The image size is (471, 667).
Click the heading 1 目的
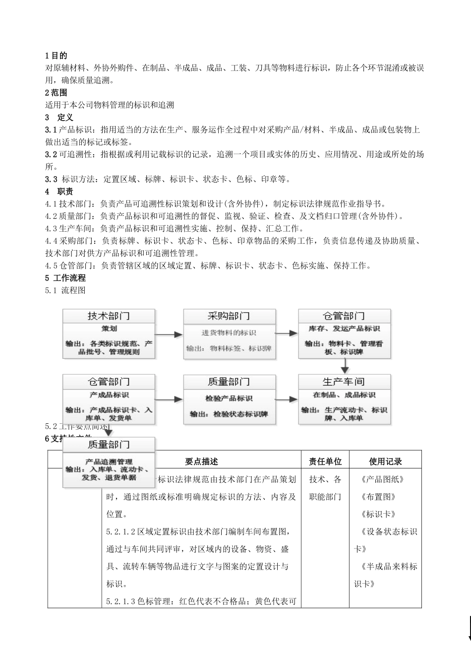[x=56, y=56]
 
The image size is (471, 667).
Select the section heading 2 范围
[x=56, y=93]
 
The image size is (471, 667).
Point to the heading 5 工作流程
[x=65, y=278]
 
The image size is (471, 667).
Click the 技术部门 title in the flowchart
[x=109, y=316]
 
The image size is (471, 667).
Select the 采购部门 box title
[x=229, y=316]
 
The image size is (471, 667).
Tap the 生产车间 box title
[x=344, y=382]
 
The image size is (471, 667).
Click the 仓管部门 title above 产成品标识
[x=109, y=382]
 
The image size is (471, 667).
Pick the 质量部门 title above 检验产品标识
[x=229, y=382]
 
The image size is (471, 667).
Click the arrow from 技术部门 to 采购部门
[x=169, y=334]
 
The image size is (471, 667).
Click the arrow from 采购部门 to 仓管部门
[x=287, y=334]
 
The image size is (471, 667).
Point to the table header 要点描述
[x=201, y=462]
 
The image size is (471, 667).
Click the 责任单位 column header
[x=325, y=462]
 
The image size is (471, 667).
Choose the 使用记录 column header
[x=385, y=462]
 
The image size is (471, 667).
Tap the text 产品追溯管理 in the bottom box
[x=109, y=462]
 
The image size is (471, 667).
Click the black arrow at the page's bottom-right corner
[x=469, y=630]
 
